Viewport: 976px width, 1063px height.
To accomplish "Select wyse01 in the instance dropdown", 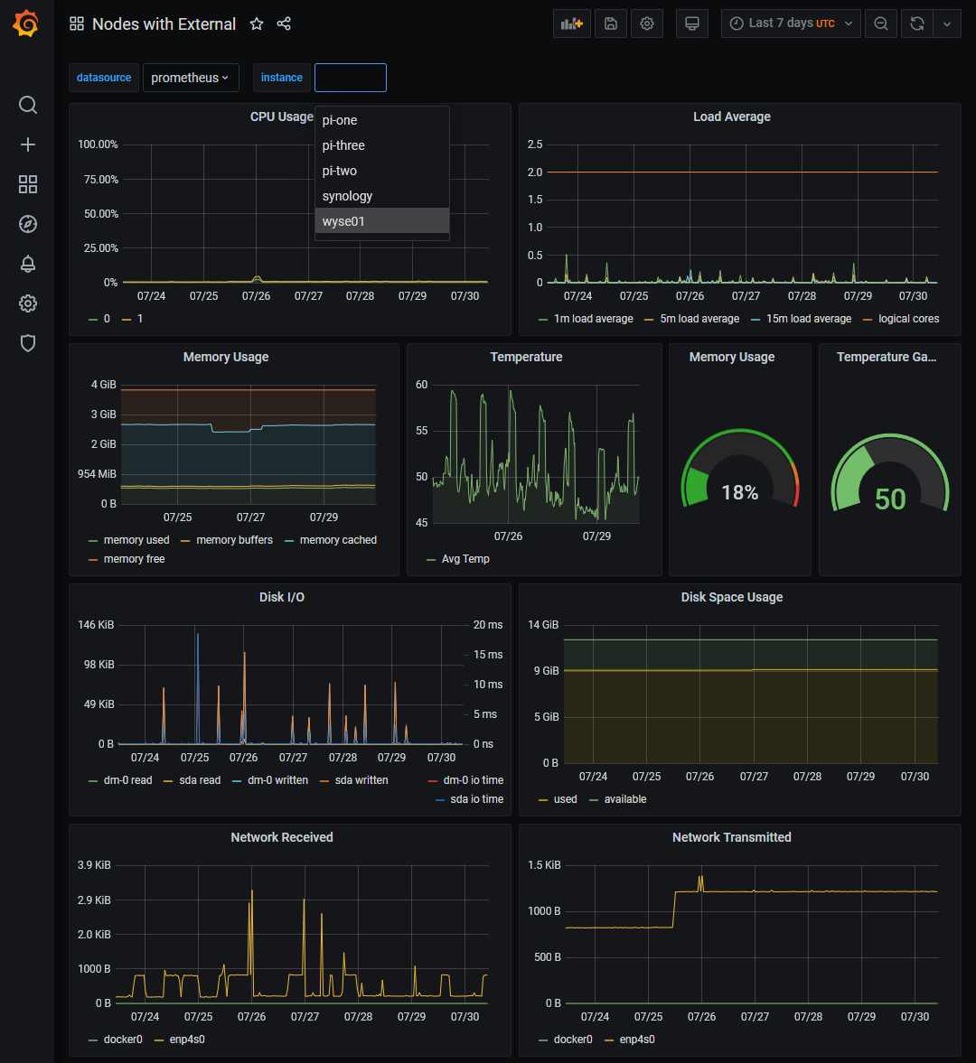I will pos(343,221).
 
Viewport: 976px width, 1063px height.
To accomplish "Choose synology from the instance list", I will pos(347,196).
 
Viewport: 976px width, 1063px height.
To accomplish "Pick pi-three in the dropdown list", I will pos(343,145).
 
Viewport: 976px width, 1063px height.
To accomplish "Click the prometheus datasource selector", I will pos(190,78).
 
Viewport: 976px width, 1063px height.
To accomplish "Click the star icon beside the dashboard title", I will pos(257,24).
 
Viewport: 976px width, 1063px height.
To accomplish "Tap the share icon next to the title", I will pos(284,24).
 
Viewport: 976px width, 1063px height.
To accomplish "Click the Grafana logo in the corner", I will pos(26,24).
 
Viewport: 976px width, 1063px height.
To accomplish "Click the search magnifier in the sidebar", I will pos(28,105).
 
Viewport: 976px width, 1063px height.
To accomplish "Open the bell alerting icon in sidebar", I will pos(28,264).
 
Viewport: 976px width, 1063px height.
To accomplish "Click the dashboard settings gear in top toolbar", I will pos(647,24).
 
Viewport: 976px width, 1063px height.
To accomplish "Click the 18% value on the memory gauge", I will pos(739,493).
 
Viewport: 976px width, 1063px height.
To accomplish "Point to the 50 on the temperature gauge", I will pos(889,499).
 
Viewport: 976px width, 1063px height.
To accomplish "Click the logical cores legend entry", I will pos(907,319).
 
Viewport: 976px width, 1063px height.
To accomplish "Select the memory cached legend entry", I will pos(338,540).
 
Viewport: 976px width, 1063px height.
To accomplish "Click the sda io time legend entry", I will pos(476,799).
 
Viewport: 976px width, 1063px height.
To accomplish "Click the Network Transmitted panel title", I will pos(731,837).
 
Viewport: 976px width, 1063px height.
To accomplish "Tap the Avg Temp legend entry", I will pos(465,559).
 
